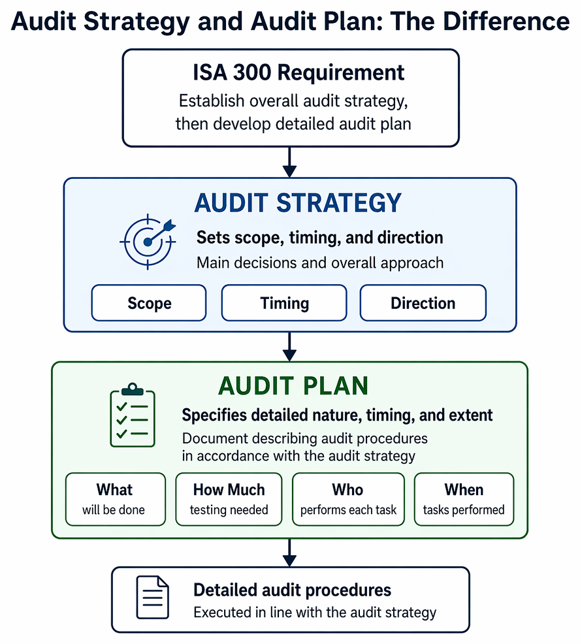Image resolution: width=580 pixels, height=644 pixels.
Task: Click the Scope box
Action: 149,302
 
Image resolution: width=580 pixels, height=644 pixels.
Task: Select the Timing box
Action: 284,302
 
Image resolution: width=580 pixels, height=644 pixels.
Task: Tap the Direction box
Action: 423,302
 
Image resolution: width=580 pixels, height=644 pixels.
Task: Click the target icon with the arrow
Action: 148,242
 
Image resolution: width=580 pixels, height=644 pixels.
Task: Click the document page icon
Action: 152,597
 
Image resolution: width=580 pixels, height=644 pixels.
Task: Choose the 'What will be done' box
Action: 116,499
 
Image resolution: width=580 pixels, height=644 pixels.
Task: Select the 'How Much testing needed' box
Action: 229,499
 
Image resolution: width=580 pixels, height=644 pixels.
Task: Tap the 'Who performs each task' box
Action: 348,499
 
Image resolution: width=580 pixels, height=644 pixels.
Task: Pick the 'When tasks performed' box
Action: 464,499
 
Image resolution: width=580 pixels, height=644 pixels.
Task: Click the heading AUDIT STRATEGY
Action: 298,202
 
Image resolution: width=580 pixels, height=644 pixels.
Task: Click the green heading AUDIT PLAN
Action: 293,386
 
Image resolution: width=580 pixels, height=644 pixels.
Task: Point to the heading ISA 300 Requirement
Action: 298,72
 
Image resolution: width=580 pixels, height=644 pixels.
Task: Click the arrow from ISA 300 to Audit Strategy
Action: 289,162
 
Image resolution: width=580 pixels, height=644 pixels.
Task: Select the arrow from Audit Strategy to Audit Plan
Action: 289,347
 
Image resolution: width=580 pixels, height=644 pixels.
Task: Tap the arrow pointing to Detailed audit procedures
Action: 289,553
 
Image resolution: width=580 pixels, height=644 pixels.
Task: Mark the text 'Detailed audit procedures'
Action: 292,590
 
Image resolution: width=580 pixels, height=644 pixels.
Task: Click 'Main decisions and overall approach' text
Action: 320,263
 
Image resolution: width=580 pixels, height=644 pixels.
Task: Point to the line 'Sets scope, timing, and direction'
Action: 319,238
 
